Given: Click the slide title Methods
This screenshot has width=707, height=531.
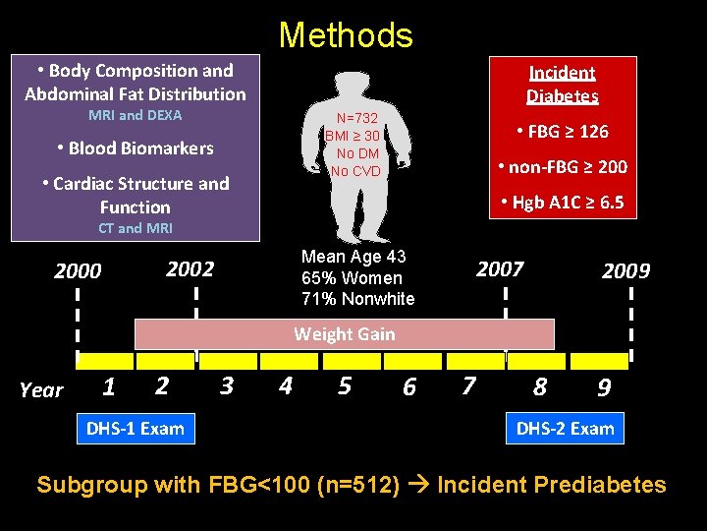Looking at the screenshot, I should pos(346,35).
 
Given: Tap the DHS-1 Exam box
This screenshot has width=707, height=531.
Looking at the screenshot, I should pos(136,428).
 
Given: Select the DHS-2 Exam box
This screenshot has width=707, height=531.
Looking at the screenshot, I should pos(566,428).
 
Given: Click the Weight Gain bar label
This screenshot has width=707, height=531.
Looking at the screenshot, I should pos(345,334).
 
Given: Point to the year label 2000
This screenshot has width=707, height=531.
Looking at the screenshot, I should pos(78,270).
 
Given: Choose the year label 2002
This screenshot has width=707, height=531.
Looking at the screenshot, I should pos(190,268).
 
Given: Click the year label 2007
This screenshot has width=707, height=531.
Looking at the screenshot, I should pos(501,268).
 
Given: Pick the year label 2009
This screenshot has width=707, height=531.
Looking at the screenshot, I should pos(625,270).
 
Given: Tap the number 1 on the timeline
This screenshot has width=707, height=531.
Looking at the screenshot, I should pos(109,386).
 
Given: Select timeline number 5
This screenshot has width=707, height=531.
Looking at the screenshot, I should pos(345,385).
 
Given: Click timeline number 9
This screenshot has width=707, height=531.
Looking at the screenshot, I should pos(604,387).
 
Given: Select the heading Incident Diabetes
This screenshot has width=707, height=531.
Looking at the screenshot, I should pos(562,84).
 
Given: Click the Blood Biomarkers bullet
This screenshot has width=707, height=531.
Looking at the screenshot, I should pos(135,148).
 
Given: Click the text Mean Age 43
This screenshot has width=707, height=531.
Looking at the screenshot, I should pos(353,257).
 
